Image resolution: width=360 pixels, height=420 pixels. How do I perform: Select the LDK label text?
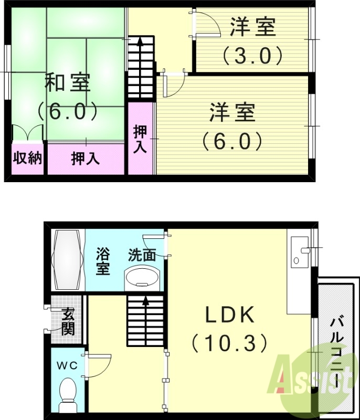pyautogui.click(x=229, y=316)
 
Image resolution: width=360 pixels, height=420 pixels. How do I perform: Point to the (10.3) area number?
pyautogui.click(x=229, y=344)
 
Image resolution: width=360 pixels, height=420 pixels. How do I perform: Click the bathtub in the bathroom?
pyautogui.click(x=67, y=260)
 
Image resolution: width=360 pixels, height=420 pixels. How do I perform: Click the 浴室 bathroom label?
pyautogui.click(x=102, y=261)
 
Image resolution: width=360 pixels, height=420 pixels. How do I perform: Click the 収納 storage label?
pyautogui.click(x=27, y=158)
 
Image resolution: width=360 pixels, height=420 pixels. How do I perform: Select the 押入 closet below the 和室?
pyautogui.click(x=86, y=158)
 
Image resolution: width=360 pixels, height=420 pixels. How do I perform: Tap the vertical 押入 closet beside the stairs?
pyautogui.click(x=140, y=139)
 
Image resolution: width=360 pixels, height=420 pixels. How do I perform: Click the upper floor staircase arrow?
pyautogui.click(x=140, y=45)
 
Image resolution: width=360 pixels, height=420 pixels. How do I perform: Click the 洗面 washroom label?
pyautogui.click(x=142, y=256)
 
